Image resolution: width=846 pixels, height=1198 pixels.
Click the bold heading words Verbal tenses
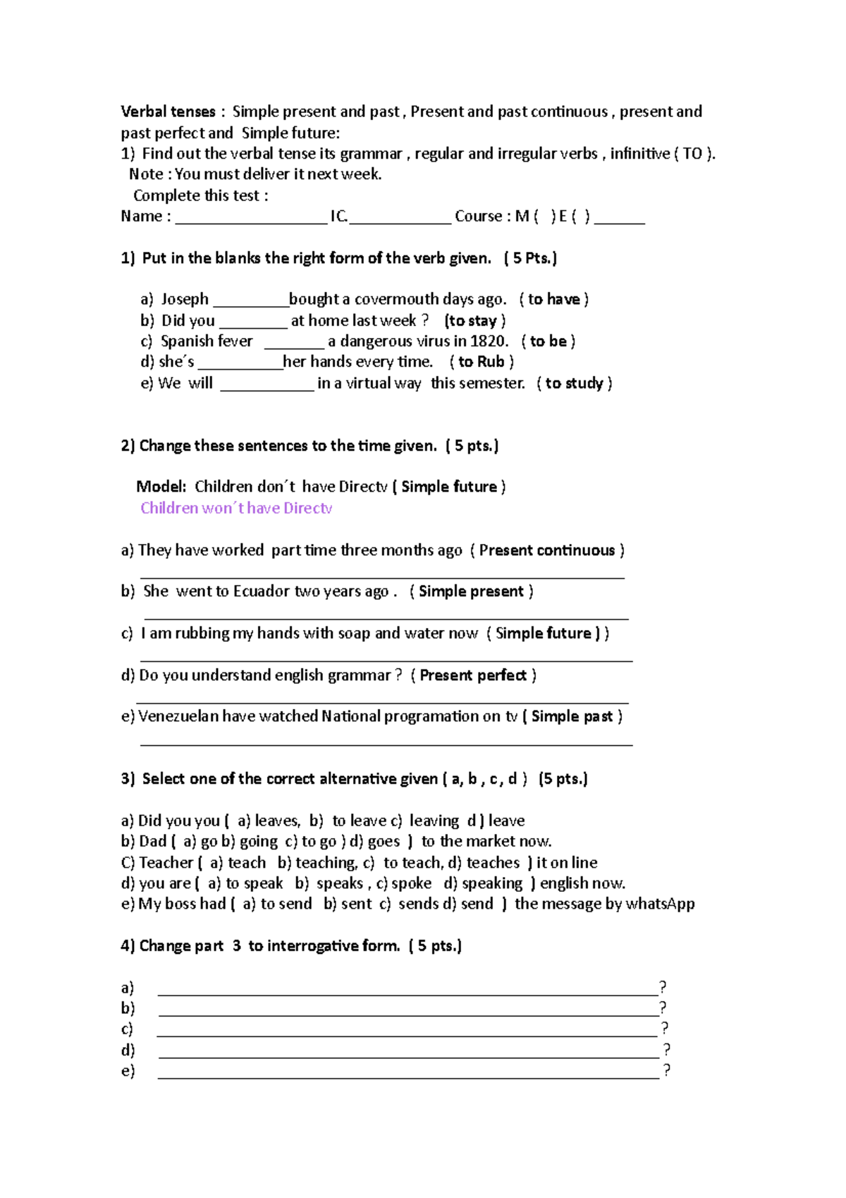click(168, 111)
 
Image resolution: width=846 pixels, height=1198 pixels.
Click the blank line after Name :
click(251, 219)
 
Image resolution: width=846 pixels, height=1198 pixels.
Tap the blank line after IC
click(400, 219)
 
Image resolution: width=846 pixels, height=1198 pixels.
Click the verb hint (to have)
click(554, 299)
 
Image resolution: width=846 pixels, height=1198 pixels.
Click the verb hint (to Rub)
click(482, 362)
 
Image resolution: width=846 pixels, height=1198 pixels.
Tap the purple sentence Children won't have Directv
click(236, 508)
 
